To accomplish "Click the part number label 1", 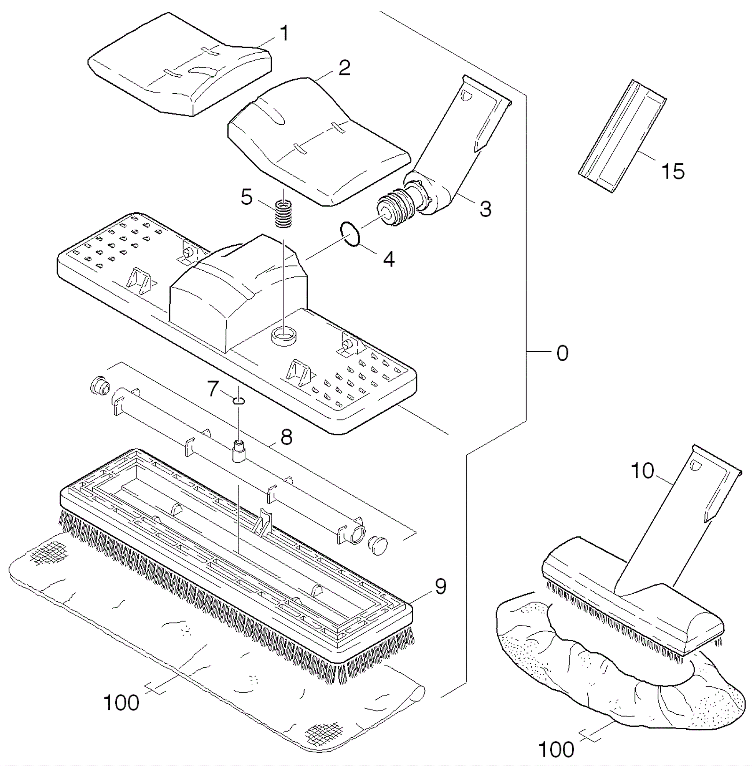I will click(284, 33).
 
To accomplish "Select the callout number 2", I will click(344, 68).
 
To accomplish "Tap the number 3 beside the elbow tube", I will click(485, 209).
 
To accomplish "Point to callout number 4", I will click(388, 259).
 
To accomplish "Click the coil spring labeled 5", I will click(283, 214).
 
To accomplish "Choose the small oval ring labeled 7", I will click(239, 401).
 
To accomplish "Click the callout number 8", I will click(286, 437).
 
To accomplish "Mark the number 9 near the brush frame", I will click(440, 586).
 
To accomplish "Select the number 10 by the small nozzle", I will click(642, 470).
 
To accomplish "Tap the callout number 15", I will click(673, 171).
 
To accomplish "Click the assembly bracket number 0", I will click(562, 353).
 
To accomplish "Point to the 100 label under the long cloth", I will click(121, 703).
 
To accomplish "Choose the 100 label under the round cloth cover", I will click(556, 749).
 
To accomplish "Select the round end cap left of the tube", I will click(100, 386).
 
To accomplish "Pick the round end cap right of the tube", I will click(378, 545).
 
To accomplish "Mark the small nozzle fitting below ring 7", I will click(239, 451).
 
